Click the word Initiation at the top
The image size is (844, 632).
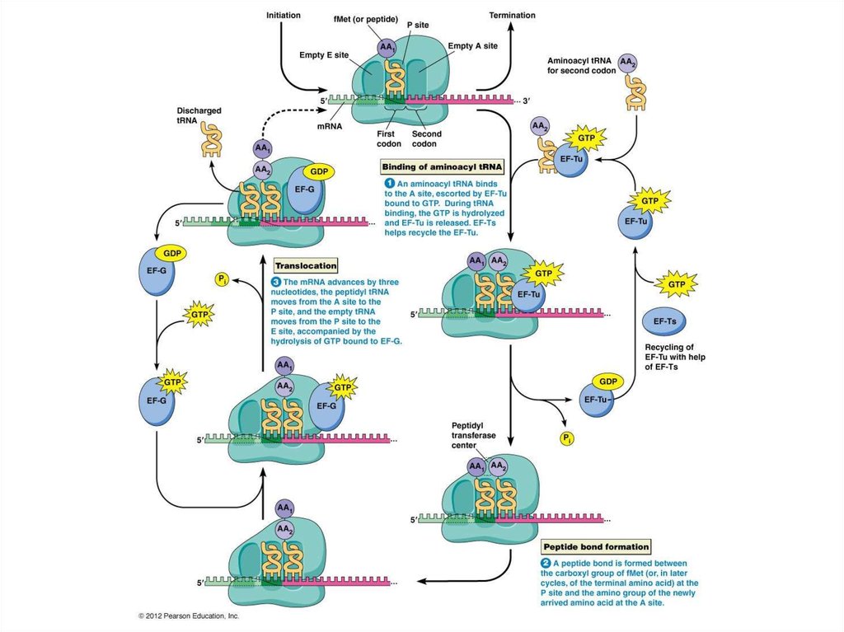click(x=283, y=16)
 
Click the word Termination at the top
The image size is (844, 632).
click(x=512, y=16)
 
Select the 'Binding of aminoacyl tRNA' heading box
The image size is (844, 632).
click(x=443, y=166)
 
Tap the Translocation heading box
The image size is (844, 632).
click(x=306, y=266)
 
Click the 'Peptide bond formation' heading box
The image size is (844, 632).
click(x=596, y=546)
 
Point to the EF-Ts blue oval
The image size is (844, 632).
click(x=665, y=321)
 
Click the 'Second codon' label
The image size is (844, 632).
click(x=427, y=138)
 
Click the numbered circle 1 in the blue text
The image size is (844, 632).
click(x=390, y=183)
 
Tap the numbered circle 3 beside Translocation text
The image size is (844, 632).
click(x=277, y=282)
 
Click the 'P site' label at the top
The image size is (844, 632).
click(x=415, y=25)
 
